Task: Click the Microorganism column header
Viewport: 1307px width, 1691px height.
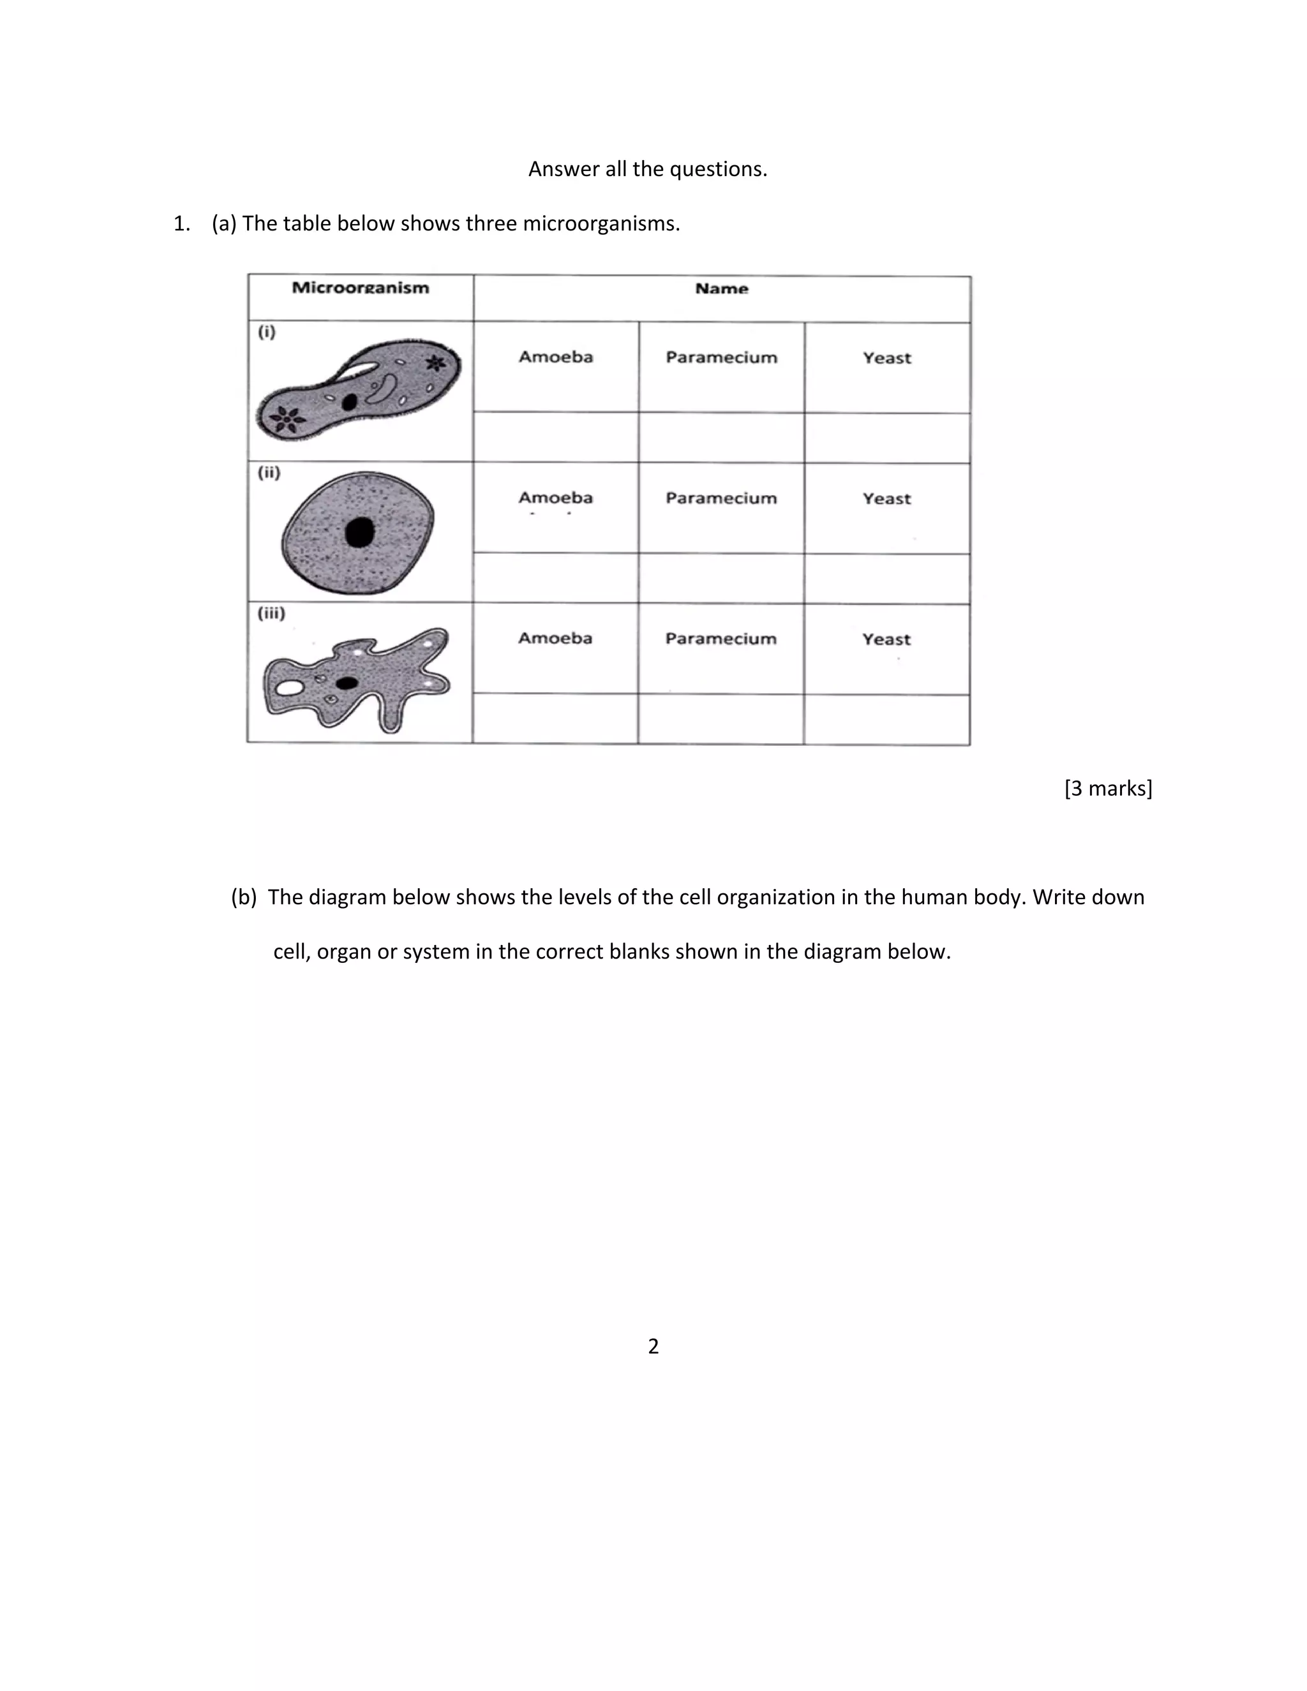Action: [x=360, y=288]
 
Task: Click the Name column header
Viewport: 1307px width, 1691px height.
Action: [x=722, y=289]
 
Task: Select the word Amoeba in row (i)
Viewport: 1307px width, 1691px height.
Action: [x=556, y=357]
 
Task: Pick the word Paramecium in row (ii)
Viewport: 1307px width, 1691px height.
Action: [x=721, y=498]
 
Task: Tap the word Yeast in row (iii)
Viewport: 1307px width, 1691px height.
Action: [x=886, y=639]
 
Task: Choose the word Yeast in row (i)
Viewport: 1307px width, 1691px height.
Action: [x=887, y=358]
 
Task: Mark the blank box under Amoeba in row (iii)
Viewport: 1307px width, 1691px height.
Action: [x=555, y=719]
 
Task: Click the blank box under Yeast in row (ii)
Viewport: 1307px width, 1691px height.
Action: [x=887, y=578]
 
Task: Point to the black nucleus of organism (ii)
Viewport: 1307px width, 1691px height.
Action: [x=359, y=533]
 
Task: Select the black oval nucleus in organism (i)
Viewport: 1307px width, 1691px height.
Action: [x=350, y=402]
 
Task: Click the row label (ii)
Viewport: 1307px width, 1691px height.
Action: [x=269, y=472]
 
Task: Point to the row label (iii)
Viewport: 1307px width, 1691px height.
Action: [x=271, y=613]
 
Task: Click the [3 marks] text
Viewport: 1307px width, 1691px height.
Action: [x=1108, y=788]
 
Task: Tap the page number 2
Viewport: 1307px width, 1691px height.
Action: [x=653, y=1346]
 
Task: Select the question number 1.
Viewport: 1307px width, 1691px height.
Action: [x=181, y=224]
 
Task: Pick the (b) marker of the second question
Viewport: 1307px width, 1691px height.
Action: [x=243, y=897]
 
